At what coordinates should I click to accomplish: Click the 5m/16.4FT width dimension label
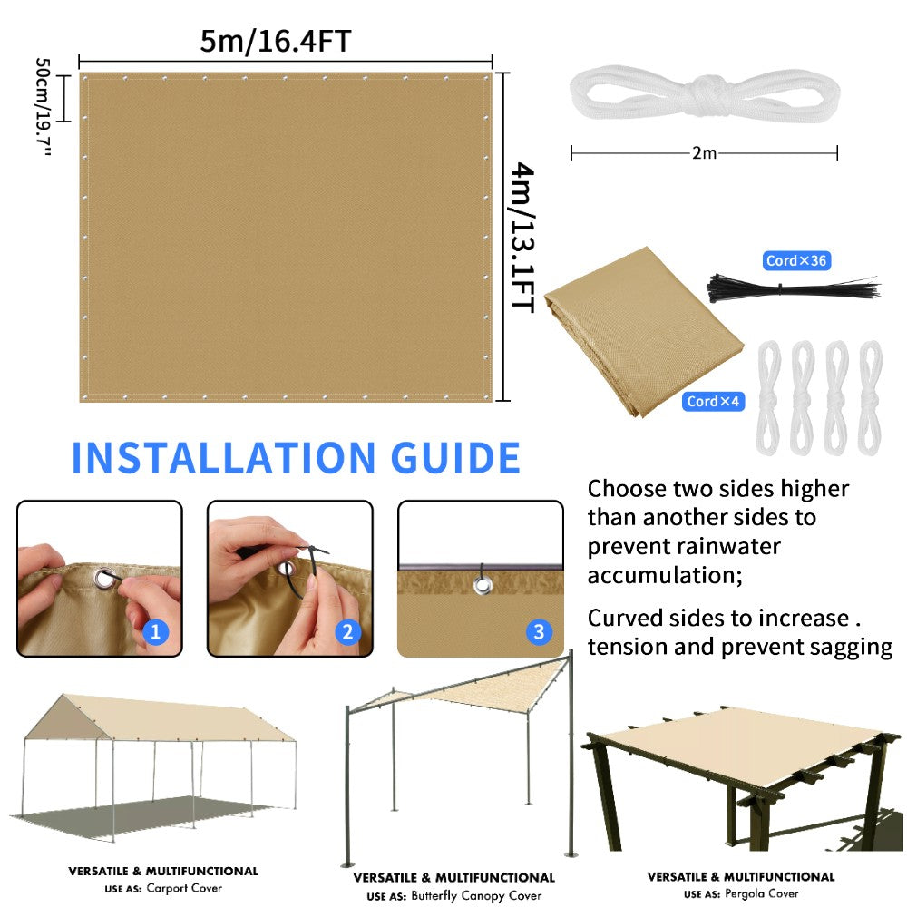(x=276, y=42)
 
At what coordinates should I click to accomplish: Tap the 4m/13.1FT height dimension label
(x=524, y=238)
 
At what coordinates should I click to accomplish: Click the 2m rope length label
(x=704, y=153)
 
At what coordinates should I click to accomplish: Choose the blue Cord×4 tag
(x=715, y=401)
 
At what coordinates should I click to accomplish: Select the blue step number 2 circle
(x=348, y=632)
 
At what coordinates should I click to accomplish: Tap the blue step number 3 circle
(x=539, y=632)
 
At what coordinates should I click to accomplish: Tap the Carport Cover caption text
(x=183, y=889)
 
